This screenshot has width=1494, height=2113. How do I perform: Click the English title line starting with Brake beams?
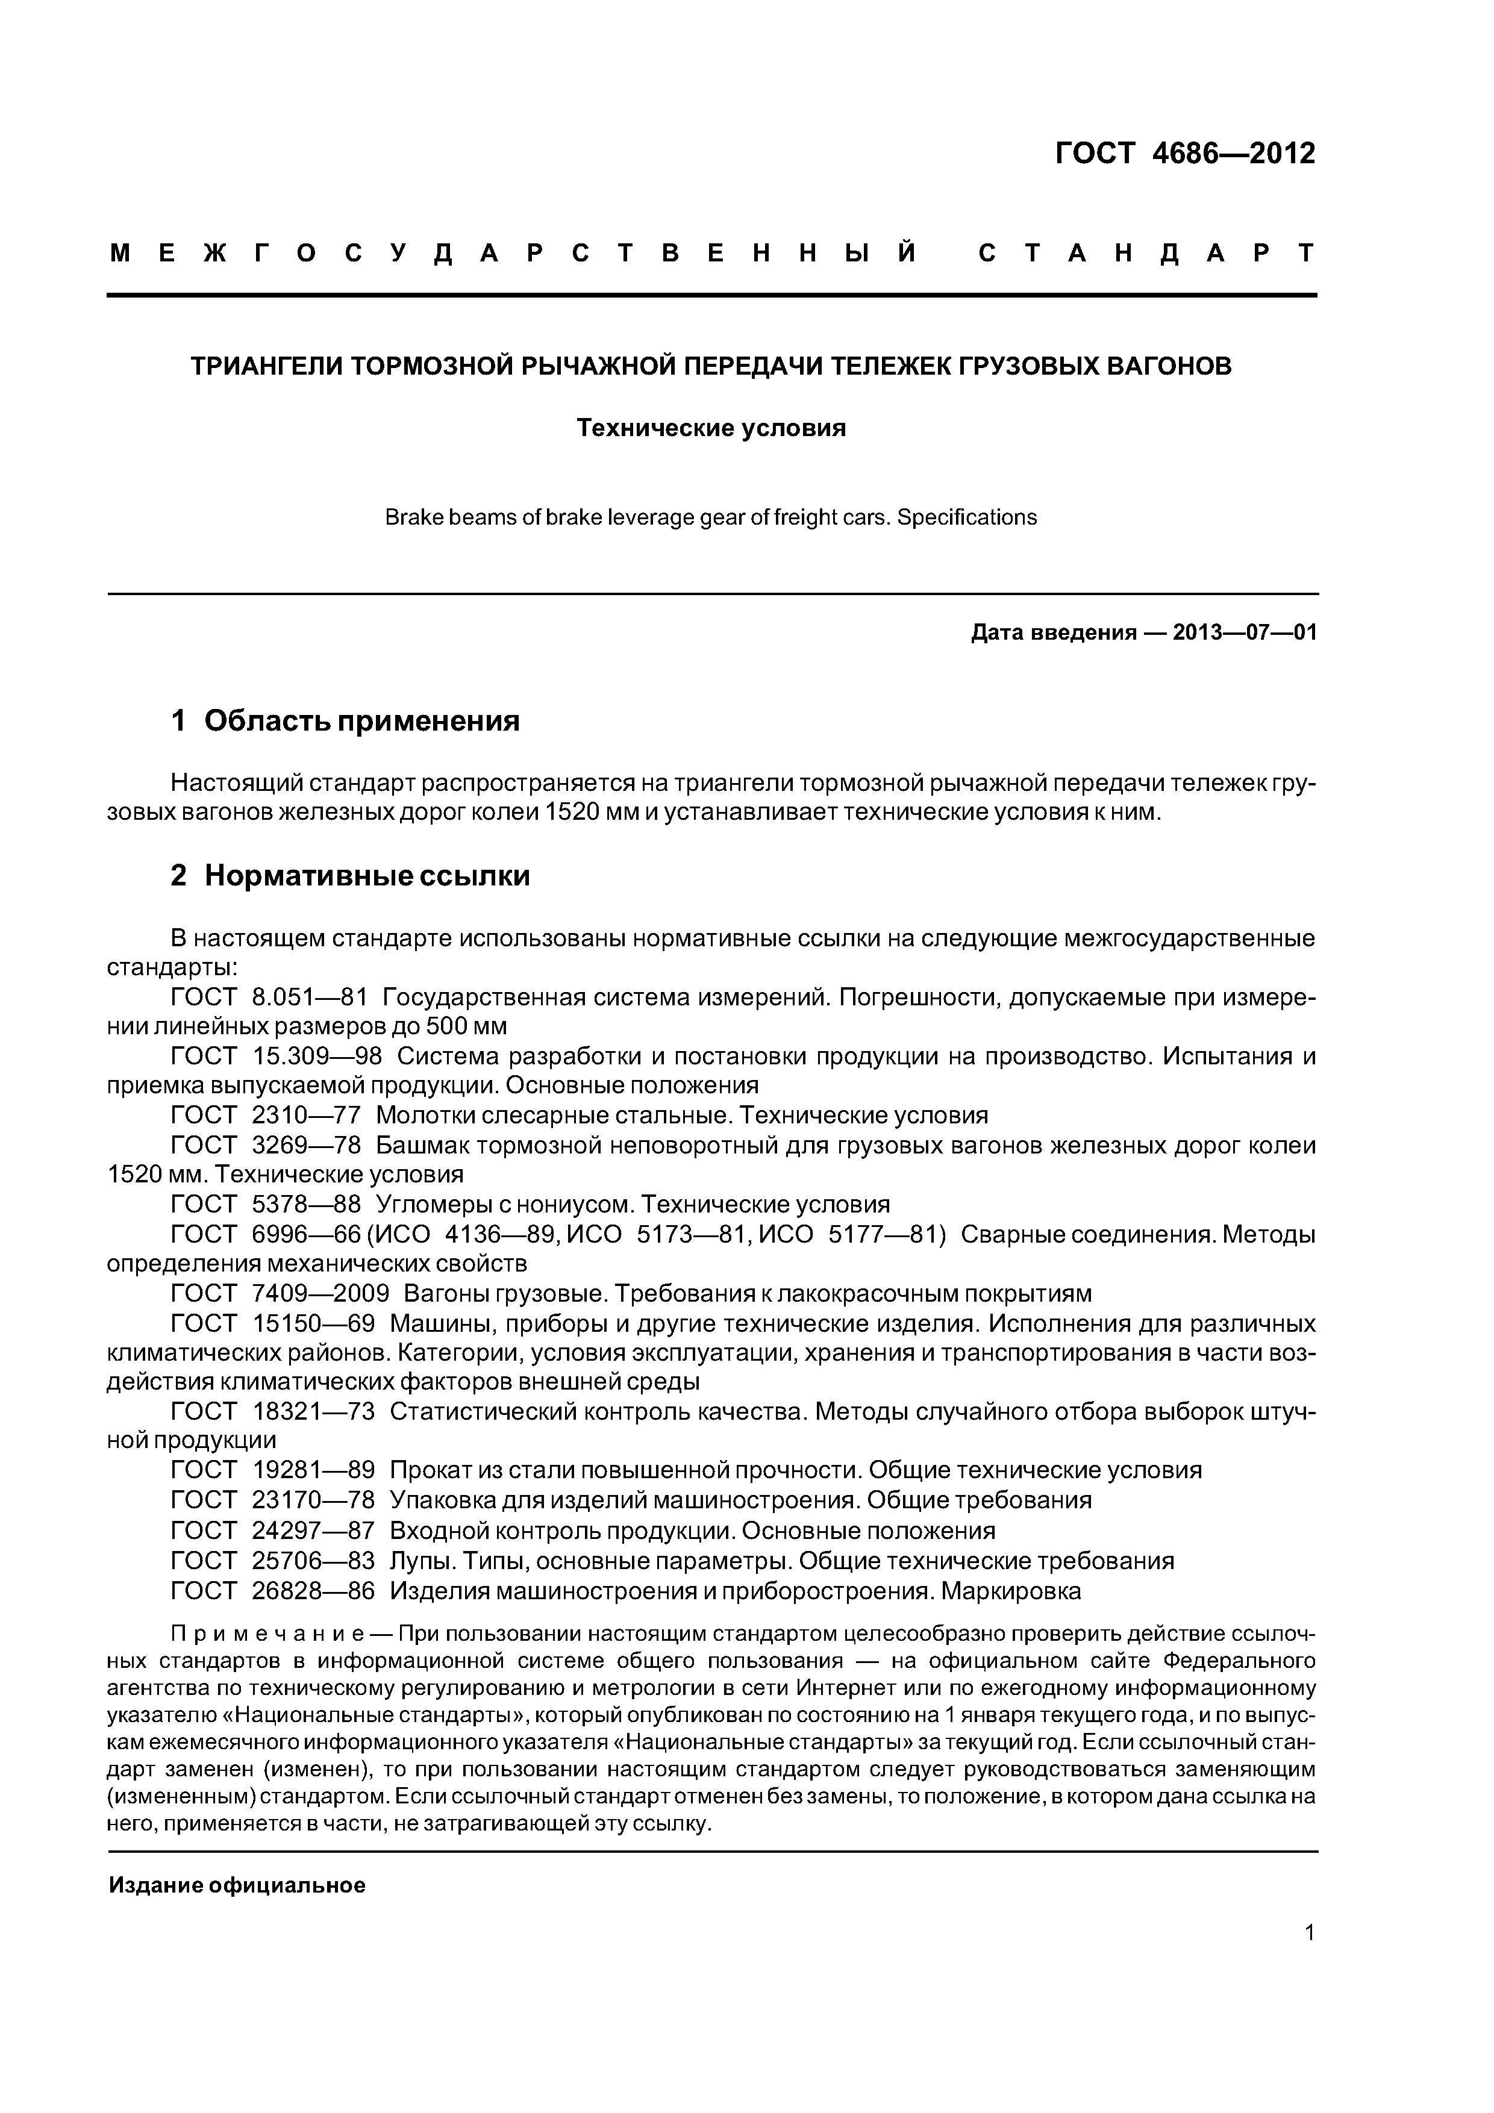711,517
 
